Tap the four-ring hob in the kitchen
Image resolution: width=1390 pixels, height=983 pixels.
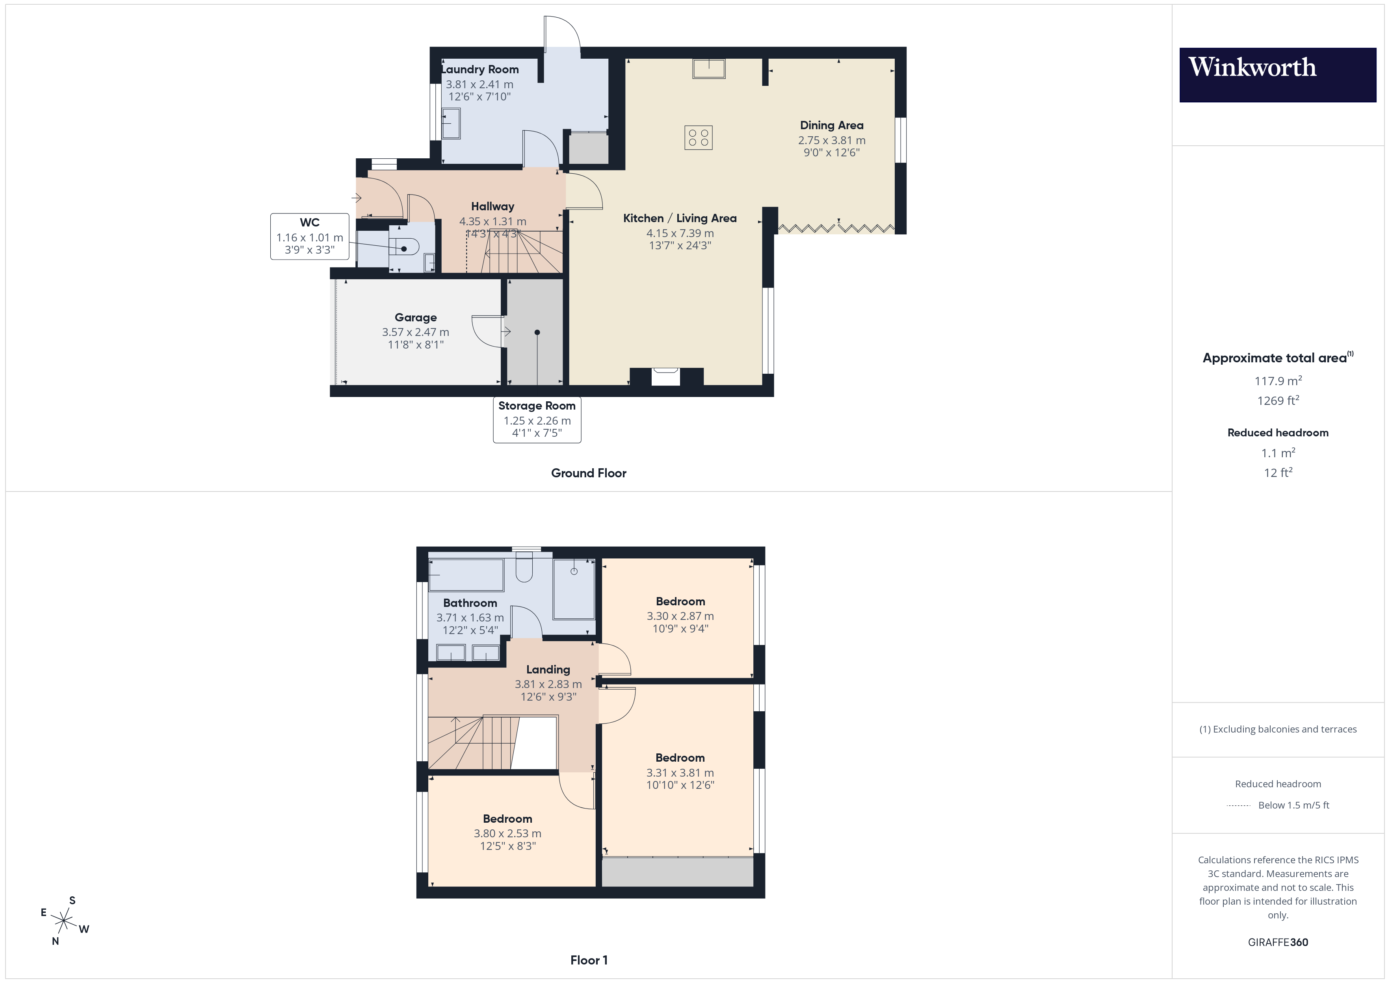698,137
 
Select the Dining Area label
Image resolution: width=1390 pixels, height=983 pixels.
831,125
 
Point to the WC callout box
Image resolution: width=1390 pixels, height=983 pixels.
309,236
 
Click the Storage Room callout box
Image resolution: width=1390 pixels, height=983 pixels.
537,419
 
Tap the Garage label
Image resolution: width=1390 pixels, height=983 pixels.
415,317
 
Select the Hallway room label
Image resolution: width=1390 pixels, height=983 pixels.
492,206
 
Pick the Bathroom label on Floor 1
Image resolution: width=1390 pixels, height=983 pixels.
470,603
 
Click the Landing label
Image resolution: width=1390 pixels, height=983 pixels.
548,670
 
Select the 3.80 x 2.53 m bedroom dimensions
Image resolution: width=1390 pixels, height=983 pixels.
507,833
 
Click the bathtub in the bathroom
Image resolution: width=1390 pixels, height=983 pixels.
466,575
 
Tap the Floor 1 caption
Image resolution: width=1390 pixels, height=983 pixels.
589,960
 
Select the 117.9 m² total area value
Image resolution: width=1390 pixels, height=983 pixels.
1277,381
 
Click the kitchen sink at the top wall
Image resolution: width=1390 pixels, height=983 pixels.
708,69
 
